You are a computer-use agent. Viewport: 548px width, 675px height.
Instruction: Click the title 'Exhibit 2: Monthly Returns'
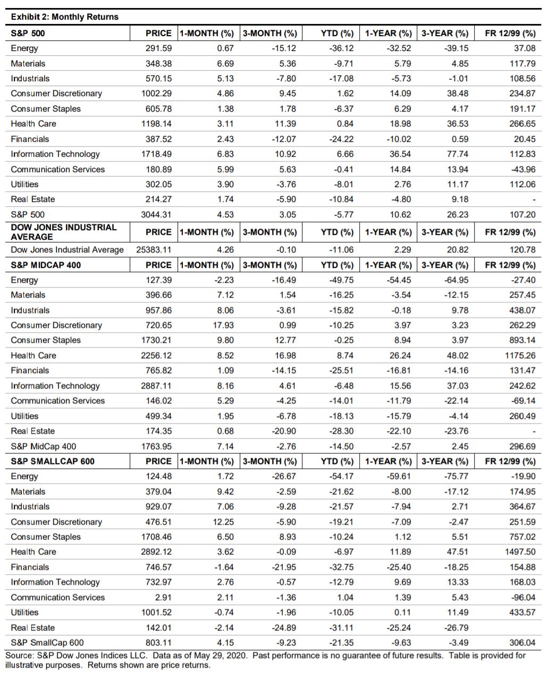click(x=64, y=17)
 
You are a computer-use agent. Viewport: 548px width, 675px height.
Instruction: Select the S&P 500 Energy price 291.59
click(x=158, y=48)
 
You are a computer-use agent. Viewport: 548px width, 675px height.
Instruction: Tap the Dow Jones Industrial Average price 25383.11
click(x=154, y=250)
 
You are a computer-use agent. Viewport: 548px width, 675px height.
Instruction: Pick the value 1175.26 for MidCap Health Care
click(x=520, y=356)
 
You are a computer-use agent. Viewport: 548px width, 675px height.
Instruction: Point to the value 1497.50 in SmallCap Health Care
click(x=520, y=552)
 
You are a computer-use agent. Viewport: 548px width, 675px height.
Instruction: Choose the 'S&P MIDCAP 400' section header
click(x=46, y=265)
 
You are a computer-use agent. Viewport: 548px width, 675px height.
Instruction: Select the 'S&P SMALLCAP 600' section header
click(x=53, y=461)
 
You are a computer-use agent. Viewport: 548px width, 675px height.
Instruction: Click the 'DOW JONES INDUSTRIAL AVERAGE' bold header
click(x=63, y=232)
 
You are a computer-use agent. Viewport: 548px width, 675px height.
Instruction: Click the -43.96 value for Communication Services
click(x=522, y=170)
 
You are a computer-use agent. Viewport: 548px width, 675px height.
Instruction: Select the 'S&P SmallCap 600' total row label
click(x=47, y=643)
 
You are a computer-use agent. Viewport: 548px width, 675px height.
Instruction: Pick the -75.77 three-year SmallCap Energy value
click(x=456, y=477)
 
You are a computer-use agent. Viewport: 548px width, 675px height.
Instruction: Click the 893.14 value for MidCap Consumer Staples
click(x=522, y=340)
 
